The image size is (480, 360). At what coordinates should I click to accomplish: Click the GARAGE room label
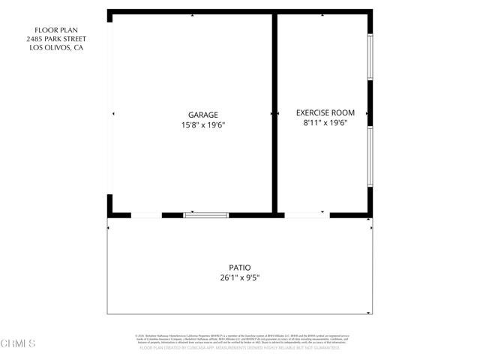(x=203, y=115)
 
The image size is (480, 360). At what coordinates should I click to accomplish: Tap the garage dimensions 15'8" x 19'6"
(x=203, y=125)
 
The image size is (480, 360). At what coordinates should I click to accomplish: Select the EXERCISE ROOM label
(x=325, y=112)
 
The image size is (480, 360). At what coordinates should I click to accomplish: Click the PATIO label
(x=239, y=267)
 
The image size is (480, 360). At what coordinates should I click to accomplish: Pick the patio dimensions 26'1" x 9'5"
(x=239, y=277)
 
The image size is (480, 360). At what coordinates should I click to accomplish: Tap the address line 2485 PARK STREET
(x=56, y=39)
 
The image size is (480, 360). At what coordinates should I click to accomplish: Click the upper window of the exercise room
(x=370, y=56)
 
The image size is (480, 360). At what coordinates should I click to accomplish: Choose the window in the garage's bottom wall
(x=205, y=215)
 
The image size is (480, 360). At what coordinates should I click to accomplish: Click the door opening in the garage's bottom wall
(x=146, y=215)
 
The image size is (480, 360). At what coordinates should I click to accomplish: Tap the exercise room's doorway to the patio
(x=305, y=215)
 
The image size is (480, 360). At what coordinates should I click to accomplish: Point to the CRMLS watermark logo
(x=19, y=344)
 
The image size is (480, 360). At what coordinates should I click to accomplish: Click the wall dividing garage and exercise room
(x=274, y=112)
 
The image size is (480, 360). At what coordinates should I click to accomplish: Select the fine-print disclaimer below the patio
(x=240, y=342)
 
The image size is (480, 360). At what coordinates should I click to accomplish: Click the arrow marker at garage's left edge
(x=113, y=113)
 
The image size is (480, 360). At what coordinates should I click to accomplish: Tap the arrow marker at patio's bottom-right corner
(x=368, y=313)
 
